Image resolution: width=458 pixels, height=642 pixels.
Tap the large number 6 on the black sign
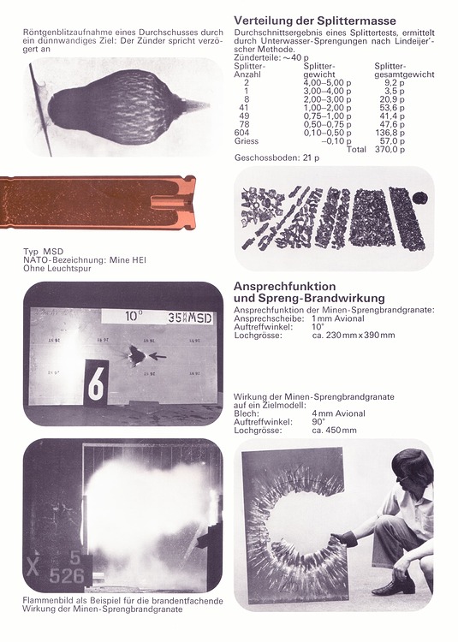tap(96, 384)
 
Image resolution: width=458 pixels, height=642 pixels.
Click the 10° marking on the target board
tap(134, 317)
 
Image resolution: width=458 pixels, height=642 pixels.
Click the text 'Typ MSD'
tap(42, 252)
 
